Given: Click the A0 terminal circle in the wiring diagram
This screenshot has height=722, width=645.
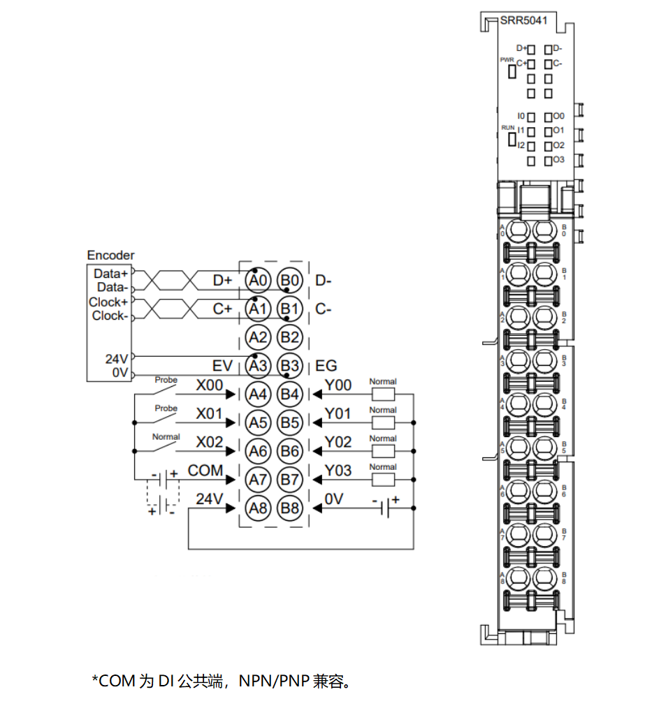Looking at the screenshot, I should click(x=258, y=281).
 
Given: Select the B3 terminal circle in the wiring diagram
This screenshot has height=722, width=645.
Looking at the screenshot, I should click(x=289, y=366).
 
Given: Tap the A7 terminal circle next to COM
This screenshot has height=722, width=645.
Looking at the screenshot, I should click(x=258, y=480).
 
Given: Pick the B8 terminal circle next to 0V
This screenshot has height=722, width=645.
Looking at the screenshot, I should click(x=289, y=508).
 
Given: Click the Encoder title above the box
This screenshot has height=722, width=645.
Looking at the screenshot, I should click(x=110, y=256).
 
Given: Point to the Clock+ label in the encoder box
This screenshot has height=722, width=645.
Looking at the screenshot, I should click(x=108, y=302).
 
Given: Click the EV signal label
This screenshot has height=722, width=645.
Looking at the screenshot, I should click(x=222, y=365).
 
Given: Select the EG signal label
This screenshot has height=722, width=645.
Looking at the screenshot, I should click(x=326, y=365).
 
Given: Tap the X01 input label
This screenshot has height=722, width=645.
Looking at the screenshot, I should click(x=209, y=414).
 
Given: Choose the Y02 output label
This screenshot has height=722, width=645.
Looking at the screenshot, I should click(x=338, y=443).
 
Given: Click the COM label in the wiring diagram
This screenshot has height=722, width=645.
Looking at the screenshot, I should click(x=205, y=471).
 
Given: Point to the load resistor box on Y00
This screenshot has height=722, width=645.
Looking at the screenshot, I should click(x=383, y=394).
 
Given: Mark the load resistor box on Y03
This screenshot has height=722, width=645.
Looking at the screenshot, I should click(x=383, y=480).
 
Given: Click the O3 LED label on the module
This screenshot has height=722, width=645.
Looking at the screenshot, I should click(x=558, y=160).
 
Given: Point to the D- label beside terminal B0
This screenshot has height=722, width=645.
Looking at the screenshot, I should click(x=324, y=281).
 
